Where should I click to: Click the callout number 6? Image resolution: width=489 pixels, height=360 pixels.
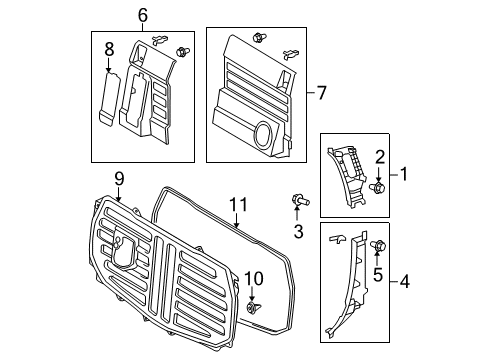coord(141,14)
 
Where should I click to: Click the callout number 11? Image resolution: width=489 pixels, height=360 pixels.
coord(237,203)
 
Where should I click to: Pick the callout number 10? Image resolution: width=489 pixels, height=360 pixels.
coord(253,277)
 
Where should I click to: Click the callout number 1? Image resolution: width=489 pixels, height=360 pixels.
coord(405,174)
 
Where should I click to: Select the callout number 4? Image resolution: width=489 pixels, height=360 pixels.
coord(404,281)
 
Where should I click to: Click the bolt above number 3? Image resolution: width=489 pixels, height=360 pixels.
coord(298,202)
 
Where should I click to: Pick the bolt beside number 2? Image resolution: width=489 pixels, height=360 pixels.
coord(378,187)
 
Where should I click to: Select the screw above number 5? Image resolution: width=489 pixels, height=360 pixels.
coord(378,246)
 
